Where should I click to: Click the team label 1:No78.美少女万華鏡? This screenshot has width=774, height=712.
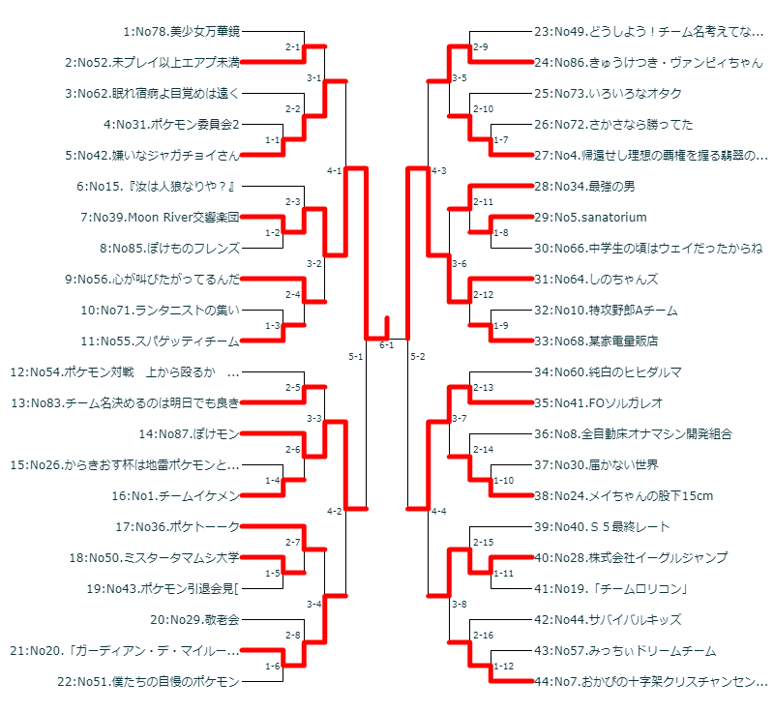(x=181, y=32)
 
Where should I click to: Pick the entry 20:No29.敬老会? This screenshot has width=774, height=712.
(x=194, y=620)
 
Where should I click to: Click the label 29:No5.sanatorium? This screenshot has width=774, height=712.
(x=590, y=218)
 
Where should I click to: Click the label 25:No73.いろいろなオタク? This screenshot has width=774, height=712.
(x=608, y=94)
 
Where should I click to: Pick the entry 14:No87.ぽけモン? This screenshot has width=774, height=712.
(x=189, y=434)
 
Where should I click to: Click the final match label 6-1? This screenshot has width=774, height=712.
(x=386, y=345)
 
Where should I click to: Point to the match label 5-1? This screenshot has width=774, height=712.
(x=355, y=357)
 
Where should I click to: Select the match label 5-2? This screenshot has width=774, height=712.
(x=418, y=357)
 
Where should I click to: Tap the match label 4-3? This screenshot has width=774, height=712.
(x=438, y=171)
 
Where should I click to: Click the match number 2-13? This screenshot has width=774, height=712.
(x=483, y=388)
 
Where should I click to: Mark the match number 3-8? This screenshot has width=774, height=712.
(x=460, y=605)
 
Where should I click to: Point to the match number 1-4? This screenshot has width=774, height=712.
(x=273, y=481)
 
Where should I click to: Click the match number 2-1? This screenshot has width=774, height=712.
(x=292, y=47)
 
